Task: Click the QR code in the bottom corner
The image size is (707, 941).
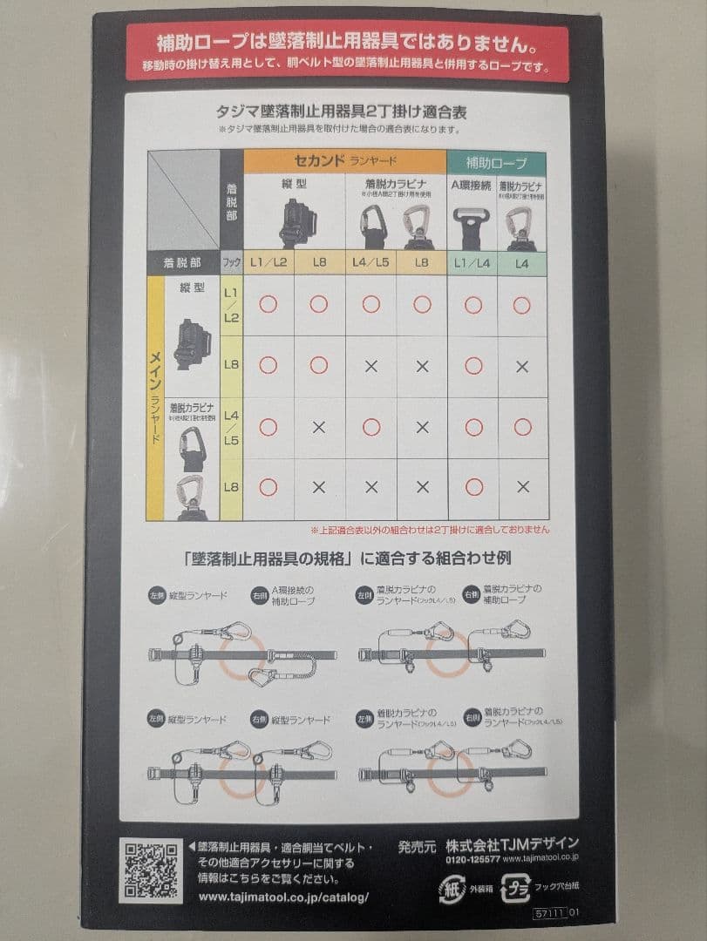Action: (152, 870)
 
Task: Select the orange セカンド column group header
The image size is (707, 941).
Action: (344, 160)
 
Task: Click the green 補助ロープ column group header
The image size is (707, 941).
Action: (496, 161)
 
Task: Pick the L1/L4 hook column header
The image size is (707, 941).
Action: (472, 261)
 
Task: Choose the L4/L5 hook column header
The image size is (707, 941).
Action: (370, 261)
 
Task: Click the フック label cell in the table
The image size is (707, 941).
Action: (231, 261)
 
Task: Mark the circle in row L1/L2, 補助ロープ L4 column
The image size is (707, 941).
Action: (522, 305)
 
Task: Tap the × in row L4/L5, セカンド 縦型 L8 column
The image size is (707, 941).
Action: (319, 427)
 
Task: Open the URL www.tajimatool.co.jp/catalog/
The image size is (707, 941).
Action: (283, 897)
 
